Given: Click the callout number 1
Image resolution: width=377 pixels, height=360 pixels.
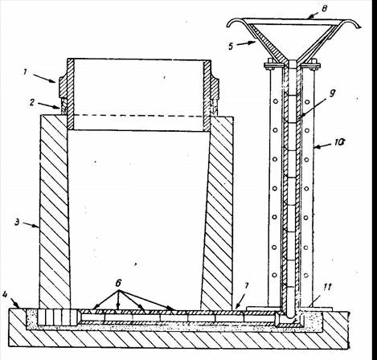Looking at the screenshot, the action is [x=25, y=72].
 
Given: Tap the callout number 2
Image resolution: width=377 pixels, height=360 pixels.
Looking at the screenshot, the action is [x=32, y=103].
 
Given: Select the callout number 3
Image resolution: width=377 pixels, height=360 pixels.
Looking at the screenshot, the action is [x=17, y=222].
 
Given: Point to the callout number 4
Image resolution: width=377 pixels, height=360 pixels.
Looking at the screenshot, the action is [x=5, y=294].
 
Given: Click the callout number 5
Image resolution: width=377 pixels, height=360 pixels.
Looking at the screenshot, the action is [x=231, y=46].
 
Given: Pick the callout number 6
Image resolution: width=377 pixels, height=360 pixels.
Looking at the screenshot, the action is [x=119, y=283].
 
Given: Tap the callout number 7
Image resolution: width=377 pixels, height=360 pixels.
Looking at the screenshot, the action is [x=247, y=286].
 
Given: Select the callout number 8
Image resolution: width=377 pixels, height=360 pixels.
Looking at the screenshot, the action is [x=325, y=9].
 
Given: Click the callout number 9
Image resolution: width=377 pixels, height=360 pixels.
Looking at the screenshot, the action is [x=332, y=93].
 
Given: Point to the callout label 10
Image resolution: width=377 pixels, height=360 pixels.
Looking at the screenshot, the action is [x=338, y=143].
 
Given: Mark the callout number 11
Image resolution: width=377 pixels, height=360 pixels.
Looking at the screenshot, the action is [x=327, y=288].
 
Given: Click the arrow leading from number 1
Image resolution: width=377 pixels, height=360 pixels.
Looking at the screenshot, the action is [x=45, y=79].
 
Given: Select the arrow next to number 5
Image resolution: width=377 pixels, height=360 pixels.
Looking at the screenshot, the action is [x=245, y=43].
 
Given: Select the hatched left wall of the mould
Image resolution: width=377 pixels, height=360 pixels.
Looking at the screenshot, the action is [x=54, y=211].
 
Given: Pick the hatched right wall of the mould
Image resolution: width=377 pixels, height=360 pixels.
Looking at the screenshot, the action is [x=218, y=211].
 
